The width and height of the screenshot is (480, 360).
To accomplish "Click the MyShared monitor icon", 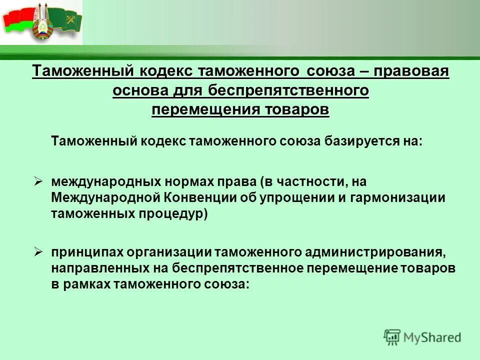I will point(392,336).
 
